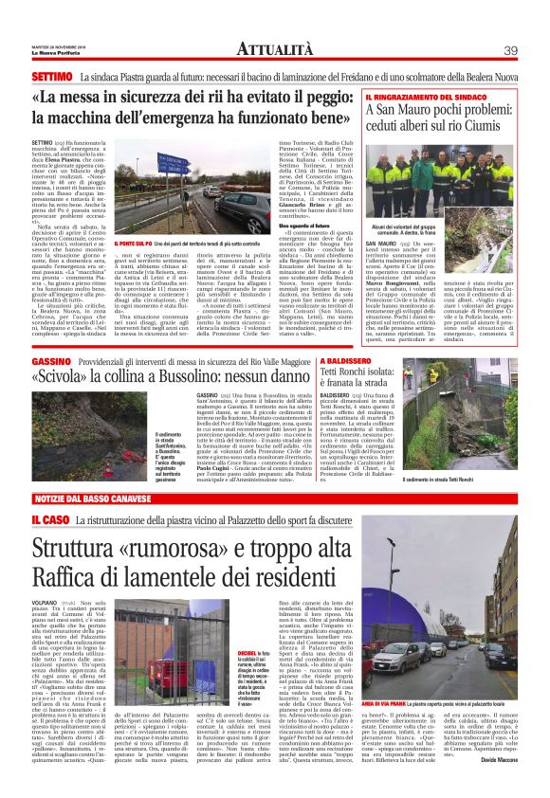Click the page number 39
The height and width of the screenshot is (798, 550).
click(510, 49)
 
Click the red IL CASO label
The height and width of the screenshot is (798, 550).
click(47, 521)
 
